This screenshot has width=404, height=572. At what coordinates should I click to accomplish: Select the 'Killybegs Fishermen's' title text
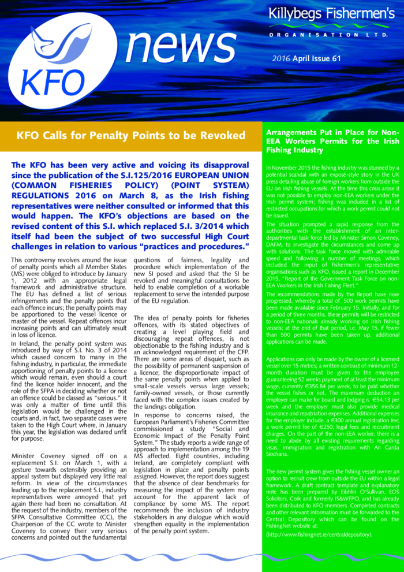331,15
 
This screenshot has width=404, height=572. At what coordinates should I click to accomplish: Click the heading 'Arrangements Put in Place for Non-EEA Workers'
332,141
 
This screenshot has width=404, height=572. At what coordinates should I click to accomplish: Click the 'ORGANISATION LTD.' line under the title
331,36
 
